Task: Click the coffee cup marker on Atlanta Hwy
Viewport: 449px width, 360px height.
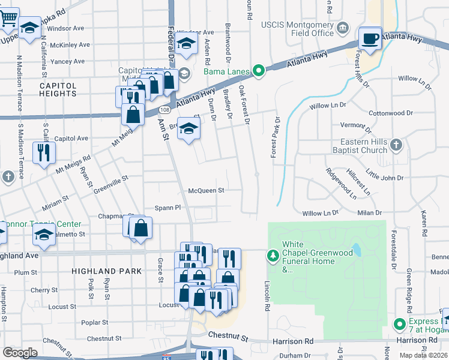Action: pyautogui.click(x=370, y=38)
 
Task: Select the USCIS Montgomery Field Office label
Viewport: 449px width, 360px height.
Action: pyautogui.click(x=297, y=28)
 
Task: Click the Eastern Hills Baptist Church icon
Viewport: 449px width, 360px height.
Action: pyautogui.click(x=396, y=145)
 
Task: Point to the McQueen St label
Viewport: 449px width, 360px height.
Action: pyautogui.click(x=206, y=190)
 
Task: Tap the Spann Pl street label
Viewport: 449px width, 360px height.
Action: pyautogui.click(x=167, y=207)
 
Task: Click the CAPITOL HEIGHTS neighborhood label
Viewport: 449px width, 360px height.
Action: pyautogui.click(x=58, y=89)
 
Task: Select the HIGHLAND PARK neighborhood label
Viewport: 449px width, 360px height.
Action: pyautogui.click(x=107, y=271)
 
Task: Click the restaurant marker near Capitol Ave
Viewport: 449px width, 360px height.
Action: pyautogui.click(x=44, y=152)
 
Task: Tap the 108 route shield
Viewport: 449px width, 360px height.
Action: pyautogui.click(x=164, y=110)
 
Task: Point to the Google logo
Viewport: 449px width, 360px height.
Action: pyautogui.click(x=20, y=352)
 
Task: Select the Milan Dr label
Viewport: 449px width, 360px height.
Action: pyautogui.click(x=370, y=213)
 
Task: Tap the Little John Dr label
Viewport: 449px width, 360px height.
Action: pyautogui.click(x=385, y=177)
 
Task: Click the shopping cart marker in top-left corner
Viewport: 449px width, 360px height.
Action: pyautogui.click(x=8, y=19)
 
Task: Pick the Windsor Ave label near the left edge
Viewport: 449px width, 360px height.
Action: pyautogui.click(x=65, y=28)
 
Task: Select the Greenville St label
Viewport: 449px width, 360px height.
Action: pyautogui.click(x=110, y=179)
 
